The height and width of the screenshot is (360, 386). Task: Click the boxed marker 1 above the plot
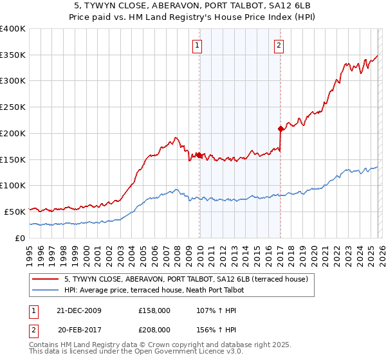(196, 45)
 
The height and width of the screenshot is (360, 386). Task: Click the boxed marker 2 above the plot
(279, 45)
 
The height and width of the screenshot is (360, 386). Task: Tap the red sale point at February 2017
(280, 129)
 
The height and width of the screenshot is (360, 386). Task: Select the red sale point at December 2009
(199, 155)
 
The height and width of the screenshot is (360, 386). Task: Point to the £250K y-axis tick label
(12, 107)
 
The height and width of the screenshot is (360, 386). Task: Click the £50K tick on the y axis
(15, 211)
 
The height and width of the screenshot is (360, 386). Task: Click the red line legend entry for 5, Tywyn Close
(187, 279)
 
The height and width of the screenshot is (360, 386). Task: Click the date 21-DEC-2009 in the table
(78, 310)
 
